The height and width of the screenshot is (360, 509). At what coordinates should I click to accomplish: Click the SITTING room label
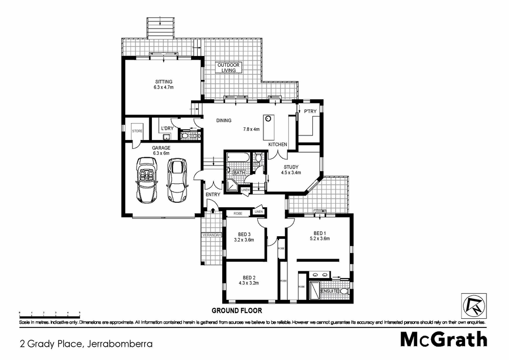[164, 81]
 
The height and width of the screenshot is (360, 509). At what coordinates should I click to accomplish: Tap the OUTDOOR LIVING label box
[228, 68]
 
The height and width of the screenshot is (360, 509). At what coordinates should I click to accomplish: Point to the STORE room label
[137, 131]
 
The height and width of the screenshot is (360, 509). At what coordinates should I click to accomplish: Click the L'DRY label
[167, 129]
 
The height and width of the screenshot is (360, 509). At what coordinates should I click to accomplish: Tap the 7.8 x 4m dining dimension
[251, 129]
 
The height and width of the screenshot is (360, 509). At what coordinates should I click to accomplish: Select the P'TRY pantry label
[310, 112]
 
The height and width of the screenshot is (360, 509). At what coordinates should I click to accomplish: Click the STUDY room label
[291, 166]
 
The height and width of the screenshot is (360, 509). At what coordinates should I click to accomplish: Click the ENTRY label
[212, 195]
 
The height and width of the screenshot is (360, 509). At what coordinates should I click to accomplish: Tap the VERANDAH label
[211, 235]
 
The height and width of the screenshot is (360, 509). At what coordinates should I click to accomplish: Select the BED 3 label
[244, 234]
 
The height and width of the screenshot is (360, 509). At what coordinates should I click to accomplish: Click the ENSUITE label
[330, 291]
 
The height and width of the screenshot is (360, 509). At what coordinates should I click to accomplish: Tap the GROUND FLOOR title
[236, 310]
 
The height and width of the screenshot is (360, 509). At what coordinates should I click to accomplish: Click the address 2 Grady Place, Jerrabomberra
[86, 344]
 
